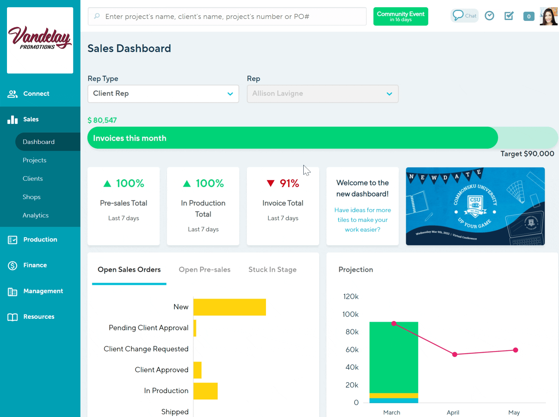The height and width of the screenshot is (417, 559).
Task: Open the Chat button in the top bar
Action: (464, 16)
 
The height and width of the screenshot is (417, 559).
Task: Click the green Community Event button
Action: (400, 16)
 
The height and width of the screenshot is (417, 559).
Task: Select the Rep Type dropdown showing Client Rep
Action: (163, 94)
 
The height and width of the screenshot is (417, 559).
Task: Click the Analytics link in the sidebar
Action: (36, 215)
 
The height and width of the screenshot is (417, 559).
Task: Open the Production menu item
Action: (40, 240)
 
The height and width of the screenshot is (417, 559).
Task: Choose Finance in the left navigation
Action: (35, 265)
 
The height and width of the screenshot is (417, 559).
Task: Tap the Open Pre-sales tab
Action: (204, 270)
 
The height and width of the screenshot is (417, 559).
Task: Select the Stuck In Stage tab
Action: (272, 270)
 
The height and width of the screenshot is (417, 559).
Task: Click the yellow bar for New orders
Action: (230, 307)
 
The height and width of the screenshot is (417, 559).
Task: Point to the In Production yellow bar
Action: (206, 391)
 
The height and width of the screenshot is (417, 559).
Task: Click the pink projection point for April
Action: (455, 354)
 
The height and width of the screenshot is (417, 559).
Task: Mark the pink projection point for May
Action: (515, 350)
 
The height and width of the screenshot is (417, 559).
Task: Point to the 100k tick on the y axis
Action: (350, 314)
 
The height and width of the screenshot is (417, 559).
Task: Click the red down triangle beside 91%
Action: (270, 183)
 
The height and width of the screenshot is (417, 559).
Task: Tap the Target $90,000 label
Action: (527, 154)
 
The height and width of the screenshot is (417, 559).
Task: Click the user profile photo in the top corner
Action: (548, 16)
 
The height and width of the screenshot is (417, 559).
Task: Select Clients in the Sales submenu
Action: (33, 179)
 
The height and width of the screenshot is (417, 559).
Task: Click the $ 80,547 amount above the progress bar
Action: (102, 120)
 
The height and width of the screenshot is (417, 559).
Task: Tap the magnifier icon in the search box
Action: (97, 16)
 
